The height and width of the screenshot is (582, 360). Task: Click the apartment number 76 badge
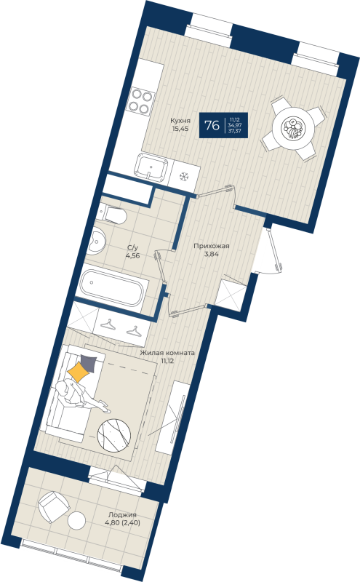(x=212, y=125)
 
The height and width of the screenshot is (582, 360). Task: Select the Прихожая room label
(x=212, y=246)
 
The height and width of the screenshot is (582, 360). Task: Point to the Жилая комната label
(x=167, y=351)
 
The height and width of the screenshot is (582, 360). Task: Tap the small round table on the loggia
(x=77, y=520)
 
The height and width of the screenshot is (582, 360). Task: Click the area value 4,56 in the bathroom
(x=133, y=256)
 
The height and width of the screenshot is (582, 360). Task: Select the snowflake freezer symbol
(x=183, y=175)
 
